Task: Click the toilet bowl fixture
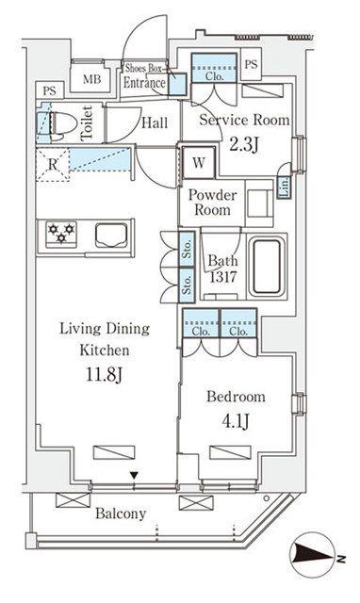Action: point(59,124)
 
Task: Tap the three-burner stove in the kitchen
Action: point(61,234)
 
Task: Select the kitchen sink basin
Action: point(111,236)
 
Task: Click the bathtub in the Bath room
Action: point(267,266)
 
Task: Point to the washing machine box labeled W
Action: point(199,163)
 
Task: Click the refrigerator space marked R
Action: point(53,164)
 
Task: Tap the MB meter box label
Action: point(92,79)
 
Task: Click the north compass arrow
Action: point(314,555)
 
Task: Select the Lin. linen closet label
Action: point(285,187)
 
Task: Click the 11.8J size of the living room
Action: point(104,374)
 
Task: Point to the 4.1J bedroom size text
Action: point(235,421)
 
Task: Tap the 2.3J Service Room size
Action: point(244,145)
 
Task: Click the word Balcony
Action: point(121,513)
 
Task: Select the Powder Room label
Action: point(212,203)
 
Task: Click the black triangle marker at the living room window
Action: point(134,476)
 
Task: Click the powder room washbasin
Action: point(259,204)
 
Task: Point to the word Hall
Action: point(155,123)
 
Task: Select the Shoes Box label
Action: point(144,69)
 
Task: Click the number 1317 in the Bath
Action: point(222,277)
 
